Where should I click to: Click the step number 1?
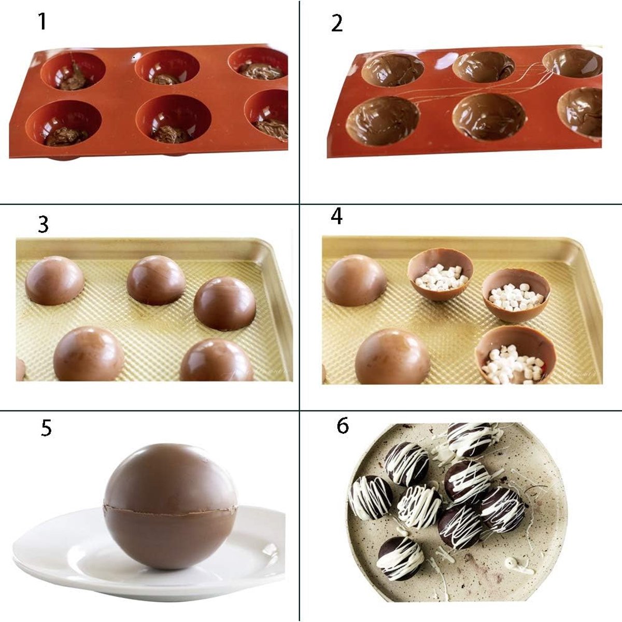point(43,22)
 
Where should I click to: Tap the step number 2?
point(337,23)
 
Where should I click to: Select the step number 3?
point(43,224)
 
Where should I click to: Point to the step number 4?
point(336,216)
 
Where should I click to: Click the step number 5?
point(46,428)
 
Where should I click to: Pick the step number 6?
point(343,426)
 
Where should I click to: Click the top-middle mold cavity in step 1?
point(167,68)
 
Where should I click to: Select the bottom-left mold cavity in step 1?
point(64,123)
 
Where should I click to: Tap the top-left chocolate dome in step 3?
point(54,280)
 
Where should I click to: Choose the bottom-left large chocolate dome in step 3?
point(89,354)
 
